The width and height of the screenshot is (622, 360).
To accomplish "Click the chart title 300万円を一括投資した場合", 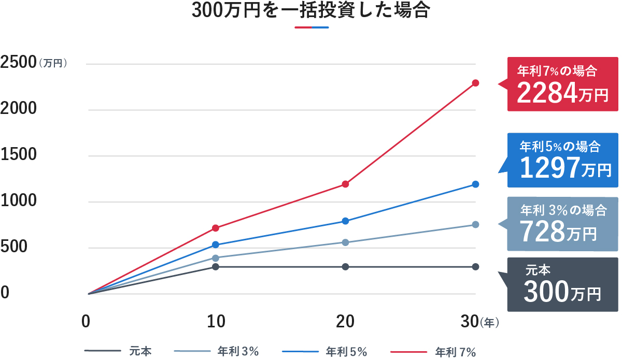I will coord(310,11).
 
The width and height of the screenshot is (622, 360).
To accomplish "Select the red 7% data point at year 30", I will coord(475,83).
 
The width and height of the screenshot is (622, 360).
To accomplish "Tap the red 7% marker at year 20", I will coord(346,184).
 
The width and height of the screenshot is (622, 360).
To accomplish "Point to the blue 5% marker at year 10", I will coord(216,244).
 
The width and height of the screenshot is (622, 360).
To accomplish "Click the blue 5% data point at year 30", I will coord(475,184).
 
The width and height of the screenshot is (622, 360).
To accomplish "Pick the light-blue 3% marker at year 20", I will coord(346,242).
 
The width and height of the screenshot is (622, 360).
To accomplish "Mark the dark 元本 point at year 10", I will coord(216,267).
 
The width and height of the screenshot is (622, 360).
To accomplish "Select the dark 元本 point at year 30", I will coord(475,267).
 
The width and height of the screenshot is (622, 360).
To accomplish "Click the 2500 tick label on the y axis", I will coord(18,63).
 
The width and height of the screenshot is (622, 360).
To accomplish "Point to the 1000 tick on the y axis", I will coord(18,201).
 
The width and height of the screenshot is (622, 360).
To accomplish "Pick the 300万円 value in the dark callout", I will coord(562,293).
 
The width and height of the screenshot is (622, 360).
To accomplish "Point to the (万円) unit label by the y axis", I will coord(53,64).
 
